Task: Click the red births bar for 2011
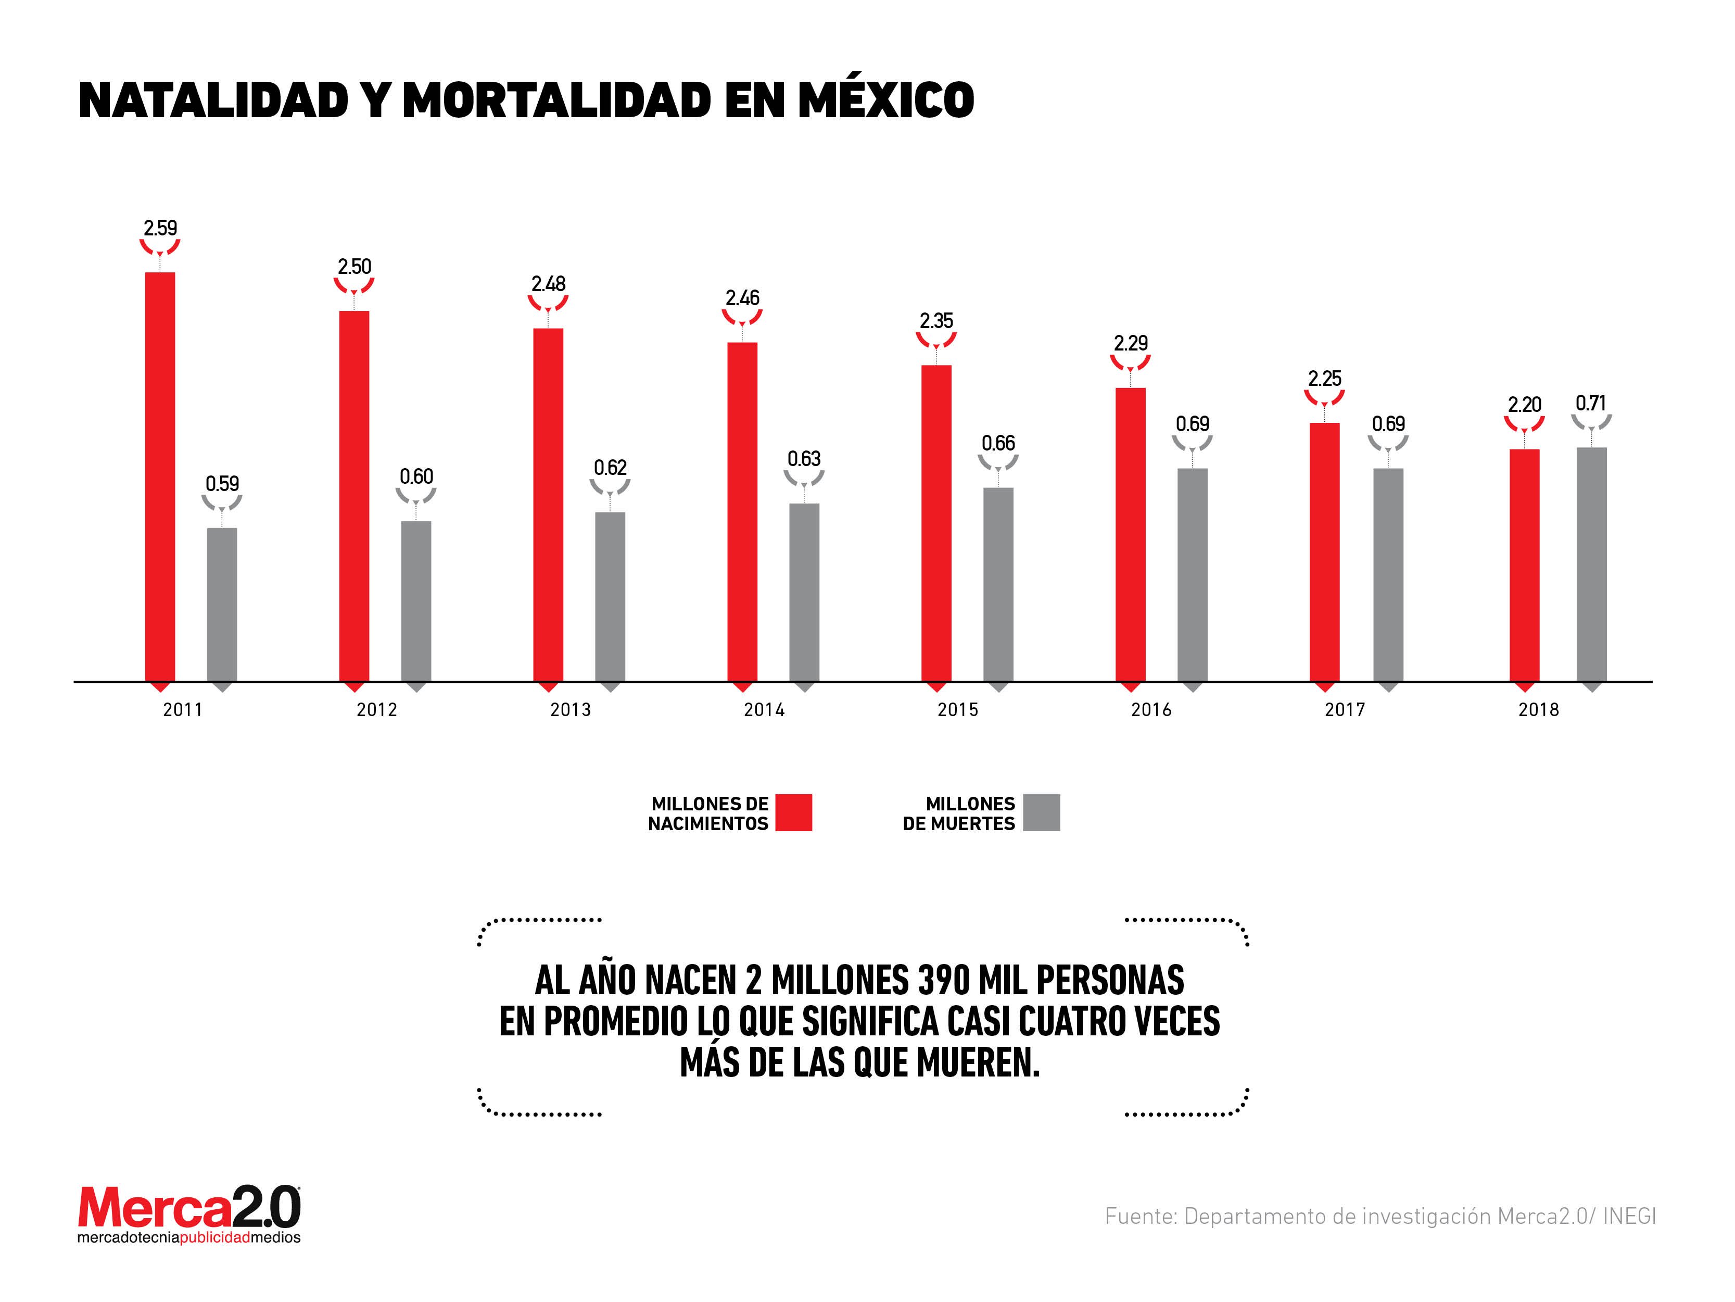pos(160,477)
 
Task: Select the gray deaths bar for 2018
pos(1591,564)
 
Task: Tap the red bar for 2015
pos(936,523)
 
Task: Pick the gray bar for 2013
pos(610,596)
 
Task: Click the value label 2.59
pos(160,229)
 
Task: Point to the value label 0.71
pos(1591,404)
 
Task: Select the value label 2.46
pos(742,298)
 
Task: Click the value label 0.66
pos(998,443)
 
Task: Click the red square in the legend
pos(794,813)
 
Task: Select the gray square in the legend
pos(1042,813)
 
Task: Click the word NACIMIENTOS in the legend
pos(707,824)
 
